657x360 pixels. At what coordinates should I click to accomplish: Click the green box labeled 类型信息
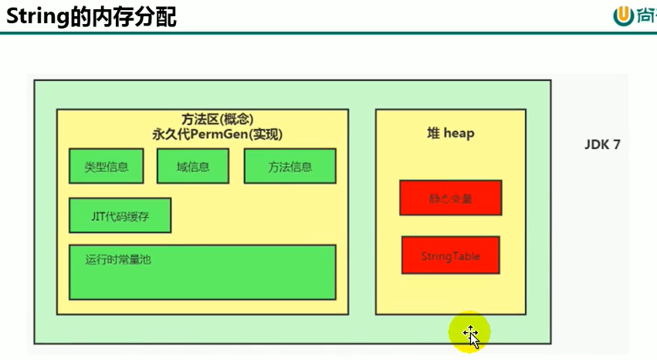(107, 166)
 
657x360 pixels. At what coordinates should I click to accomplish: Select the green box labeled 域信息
(192, 166)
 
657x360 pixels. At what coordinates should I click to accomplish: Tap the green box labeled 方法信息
(290, 166)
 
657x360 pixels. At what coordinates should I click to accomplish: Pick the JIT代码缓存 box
(120, 216)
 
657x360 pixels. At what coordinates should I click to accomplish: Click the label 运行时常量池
(118, 260)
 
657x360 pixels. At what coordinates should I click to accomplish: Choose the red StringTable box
(450, 255)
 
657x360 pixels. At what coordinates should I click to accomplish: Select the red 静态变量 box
(450, 198)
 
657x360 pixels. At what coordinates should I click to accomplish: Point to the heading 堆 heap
(450, 134)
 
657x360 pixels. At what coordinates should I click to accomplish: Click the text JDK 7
(602, 144)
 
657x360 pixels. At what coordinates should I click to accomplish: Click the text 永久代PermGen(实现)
(218, 134)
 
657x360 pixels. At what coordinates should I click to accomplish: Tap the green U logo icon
(623, 15)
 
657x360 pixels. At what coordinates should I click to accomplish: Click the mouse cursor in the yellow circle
(471, 335)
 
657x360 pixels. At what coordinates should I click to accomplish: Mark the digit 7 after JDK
(616, 144)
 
